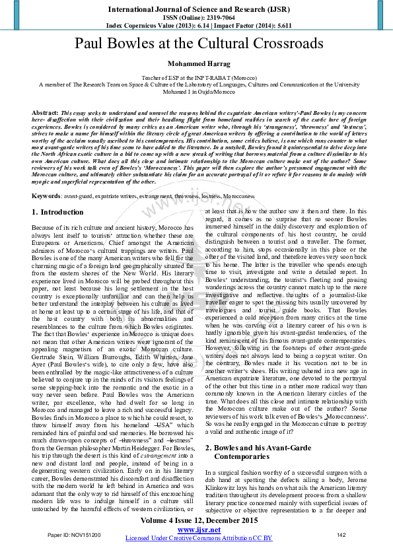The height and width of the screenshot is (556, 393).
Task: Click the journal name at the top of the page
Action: pyautogui.click(x=196, y=7)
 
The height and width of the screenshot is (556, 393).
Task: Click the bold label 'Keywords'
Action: pyautogui.click(x=47, y=196)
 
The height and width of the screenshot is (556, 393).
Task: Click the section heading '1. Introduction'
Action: pyautogui.click(x=58, y=213)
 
